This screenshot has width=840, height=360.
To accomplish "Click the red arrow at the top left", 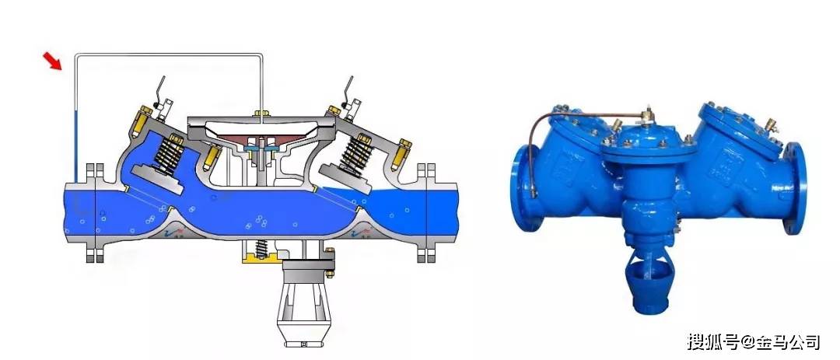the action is pos(53,61).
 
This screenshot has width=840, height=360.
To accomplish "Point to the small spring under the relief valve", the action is pos(261,249).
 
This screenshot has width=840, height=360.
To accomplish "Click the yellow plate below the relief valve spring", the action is pos(261,260).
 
